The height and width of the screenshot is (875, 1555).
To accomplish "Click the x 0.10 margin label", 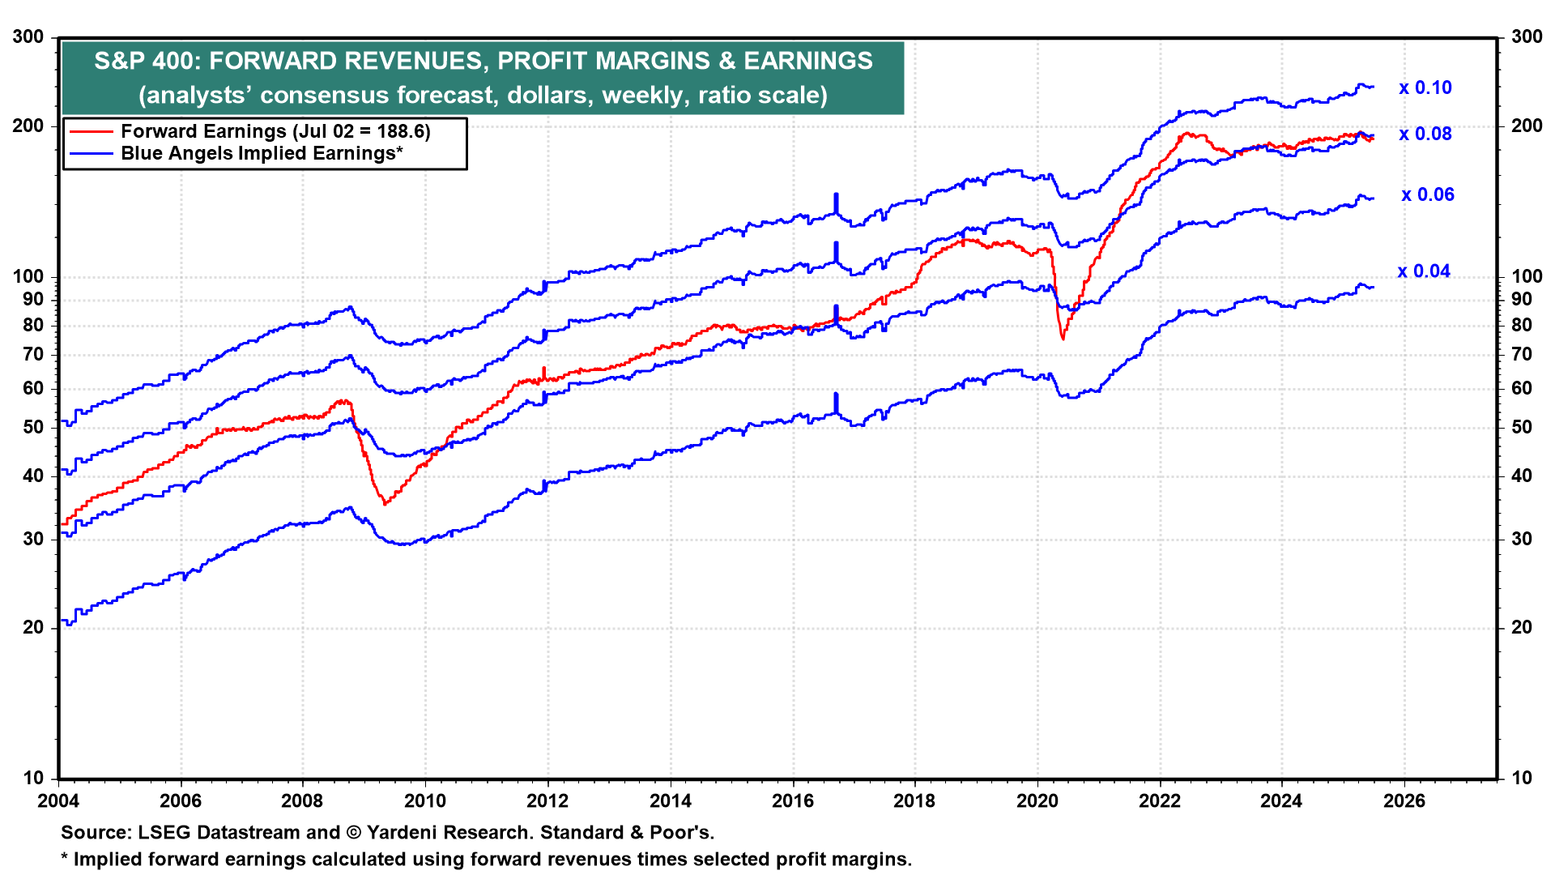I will click(x=1425, y=87).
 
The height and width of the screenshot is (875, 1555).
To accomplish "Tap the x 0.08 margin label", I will click(x=1425, y=134).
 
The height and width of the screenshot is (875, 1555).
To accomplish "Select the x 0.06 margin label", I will click(x=1428, y=194).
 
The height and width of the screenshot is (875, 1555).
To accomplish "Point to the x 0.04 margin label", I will click(x=1424, y=271).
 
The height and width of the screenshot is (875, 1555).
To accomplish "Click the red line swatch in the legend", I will click(x=91, y=131).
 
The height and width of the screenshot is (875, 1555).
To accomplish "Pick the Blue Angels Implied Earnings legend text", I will click(x=262, y=153).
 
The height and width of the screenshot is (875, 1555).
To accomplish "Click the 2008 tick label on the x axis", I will click(x=302, y=801).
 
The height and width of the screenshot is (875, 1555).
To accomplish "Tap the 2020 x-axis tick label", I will click(x=1037, y=801).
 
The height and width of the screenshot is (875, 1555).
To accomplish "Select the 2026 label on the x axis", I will click(x=1404, y=801).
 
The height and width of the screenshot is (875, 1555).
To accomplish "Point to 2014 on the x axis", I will click(x=670, y=801).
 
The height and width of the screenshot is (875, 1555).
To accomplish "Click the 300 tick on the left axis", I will click(x=28, y=36).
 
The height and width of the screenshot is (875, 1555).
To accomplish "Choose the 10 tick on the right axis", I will click(x=1522, y=778).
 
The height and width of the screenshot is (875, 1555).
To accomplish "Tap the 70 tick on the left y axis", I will click(x=33, y=354).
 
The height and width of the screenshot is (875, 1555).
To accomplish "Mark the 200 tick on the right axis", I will click(x=1527, y=126).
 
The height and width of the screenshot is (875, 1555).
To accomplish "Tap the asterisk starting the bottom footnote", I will click(x=66, y=857).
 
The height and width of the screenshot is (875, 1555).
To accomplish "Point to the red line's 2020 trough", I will click(x=1063, y=339).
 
